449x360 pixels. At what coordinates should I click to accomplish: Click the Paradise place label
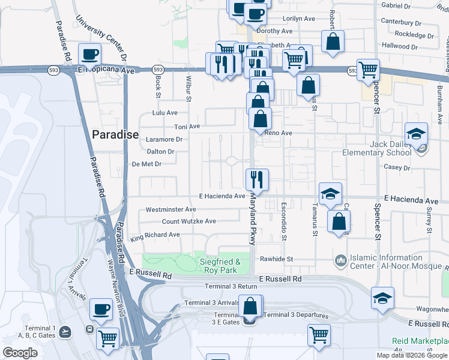[x=115, y=134]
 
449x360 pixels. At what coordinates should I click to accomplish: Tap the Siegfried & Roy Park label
[x=220, y=265]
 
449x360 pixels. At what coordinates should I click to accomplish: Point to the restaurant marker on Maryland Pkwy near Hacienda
[x=256, y=178]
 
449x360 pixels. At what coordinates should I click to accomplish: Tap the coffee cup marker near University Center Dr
[x=90, y=55]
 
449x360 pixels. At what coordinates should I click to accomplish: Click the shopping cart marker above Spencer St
[x=367, y=70]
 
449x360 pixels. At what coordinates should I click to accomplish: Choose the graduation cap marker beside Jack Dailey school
[x=415, y=134]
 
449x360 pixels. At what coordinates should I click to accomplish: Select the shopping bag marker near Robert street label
[x=333, y=42]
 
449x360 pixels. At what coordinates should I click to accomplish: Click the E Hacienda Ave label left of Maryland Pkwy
[x=222, y=196]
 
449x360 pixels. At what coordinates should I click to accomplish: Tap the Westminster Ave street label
[x=171, y=209]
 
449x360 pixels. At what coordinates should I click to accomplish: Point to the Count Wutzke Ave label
[x=188, y=221]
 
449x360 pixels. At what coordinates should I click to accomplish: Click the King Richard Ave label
[x=155, y=235]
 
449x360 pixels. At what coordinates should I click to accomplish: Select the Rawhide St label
[x=276, y=259]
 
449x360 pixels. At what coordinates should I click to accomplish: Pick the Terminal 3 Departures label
[x=296, y=315]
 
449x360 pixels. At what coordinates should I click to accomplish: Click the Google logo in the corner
[x=20, y=353]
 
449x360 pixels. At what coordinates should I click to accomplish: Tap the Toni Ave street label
[x=187, y=127]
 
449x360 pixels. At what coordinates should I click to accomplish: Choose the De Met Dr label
[x=147, y=164]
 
